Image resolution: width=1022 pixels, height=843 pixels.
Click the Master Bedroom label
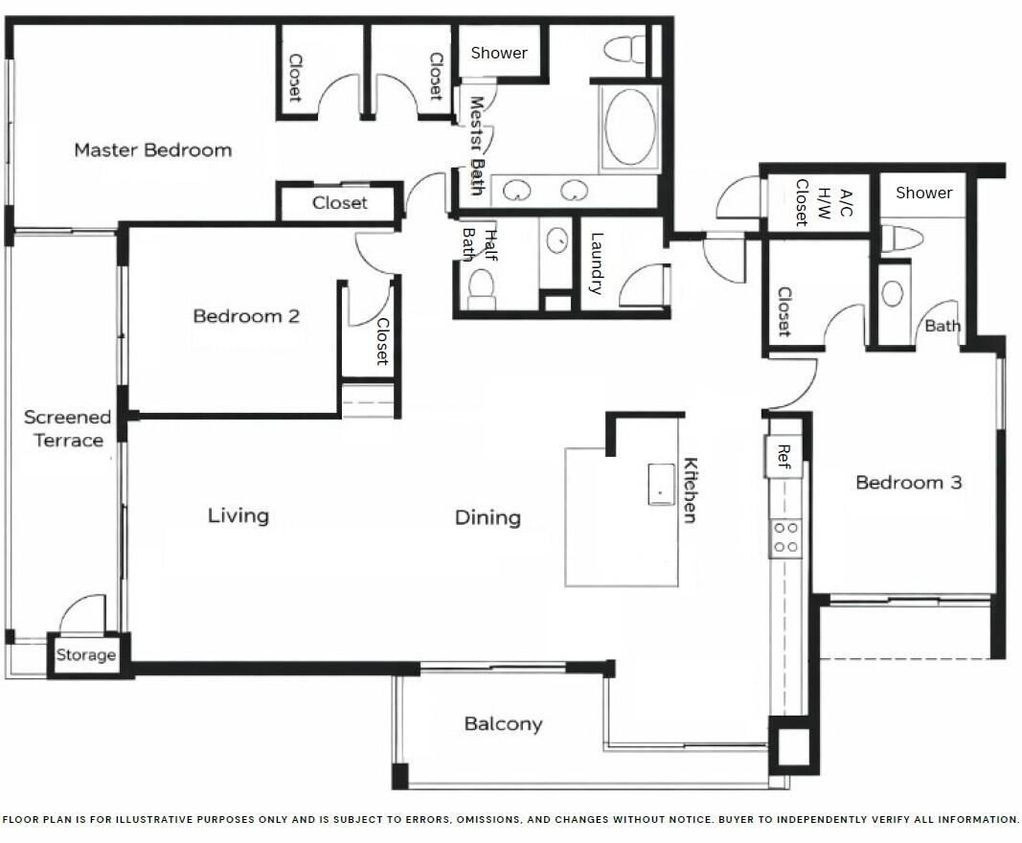(x=152, y=150)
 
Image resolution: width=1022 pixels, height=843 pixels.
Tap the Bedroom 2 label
(x=246, y=316)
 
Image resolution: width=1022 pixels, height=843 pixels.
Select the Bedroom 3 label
(x=908, y=483)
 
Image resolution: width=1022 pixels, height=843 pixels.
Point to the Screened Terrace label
(x=67, y=429)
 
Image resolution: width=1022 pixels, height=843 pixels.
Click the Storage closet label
(x=85, y=656)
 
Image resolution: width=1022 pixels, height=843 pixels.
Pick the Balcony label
(x=503, y=724)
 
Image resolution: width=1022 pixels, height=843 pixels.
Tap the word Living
(x=238, y=516)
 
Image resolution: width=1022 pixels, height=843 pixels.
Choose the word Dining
(x=488, y=518)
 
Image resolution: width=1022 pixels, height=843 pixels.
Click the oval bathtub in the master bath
(x=628, y=129)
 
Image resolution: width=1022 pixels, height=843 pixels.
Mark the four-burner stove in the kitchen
(x=786, y=537)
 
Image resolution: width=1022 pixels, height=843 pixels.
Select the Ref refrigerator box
(x=783, y=455)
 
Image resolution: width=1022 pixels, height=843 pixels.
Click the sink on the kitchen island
(x=662, y=483)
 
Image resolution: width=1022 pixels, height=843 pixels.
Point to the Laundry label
(x=597, y=263)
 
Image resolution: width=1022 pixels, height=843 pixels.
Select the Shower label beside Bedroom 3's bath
(x=923, y=193)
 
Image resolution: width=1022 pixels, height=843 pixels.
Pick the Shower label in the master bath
(x=498, y=54)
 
